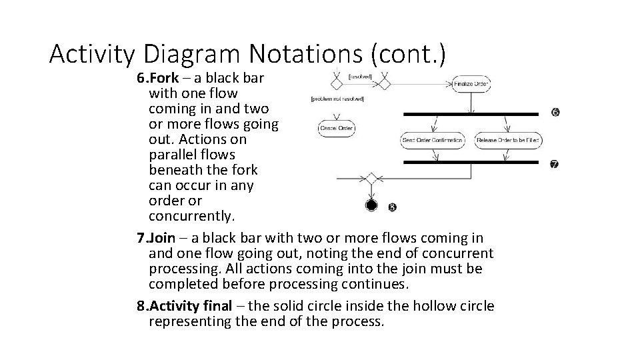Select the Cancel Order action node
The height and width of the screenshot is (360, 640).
point(337,127)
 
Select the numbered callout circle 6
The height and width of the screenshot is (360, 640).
point(555,113)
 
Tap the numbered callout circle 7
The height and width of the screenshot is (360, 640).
point(554,164)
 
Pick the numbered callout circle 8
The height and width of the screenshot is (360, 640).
point(393,207)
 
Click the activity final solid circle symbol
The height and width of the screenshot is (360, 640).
point(371,205)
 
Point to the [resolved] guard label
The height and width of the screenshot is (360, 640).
point(361,77)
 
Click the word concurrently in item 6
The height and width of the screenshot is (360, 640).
point(192,217)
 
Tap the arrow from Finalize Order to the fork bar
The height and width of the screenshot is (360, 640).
point(471,101)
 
